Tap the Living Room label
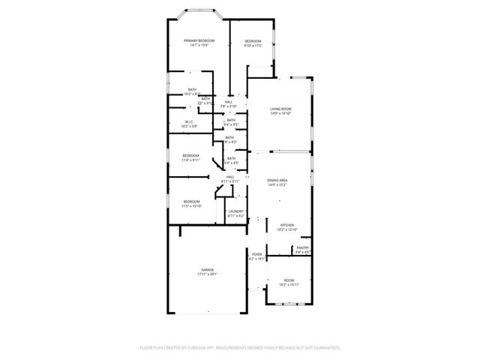(x=280, y=109)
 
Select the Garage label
(x=206, y=269)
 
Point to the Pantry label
(x=302, y=248)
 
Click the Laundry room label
(x=235, y=211)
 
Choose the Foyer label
(x=256, y=254)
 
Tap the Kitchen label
(x=288, y=225)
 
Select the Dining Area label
(x=277, y=181)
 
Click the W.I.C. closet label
(x=189, y=121)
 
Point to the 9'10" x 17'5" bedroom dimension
(x=252, y=46)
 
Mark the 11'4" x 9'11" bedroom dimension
(x=190, y=160)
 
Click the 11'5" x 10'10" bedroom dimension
(x=192, y=205)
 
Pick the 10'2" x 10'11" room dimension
(x=289, y=284)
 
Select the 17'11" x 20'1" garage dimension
(x=206, y=274)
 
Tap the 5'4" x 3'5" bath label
(x=231, y=124)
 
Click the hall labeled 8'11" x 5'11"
(x=230, y=181)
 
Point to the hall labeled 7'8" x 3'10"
(x=228, y=106)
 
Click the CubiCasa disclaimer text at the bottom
(x=240, y=347)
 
